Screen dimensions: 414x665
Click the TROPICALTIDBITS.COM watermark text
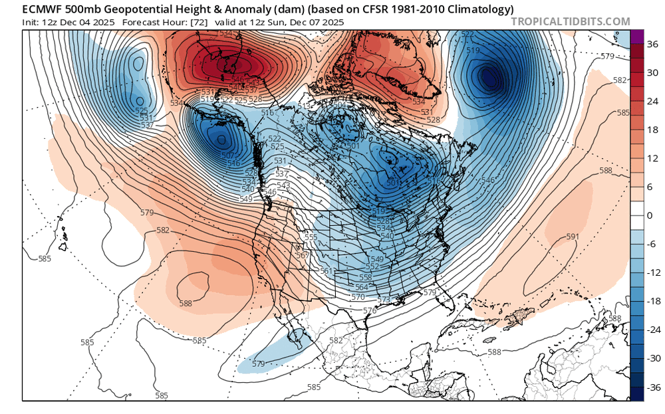pyautogui.click(x=570, y=22)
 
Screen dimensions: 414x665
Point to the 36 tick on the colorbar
pyautogui.click(x=647, y=45)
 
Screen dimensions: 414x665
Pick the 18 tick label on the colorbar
pyautogui.click(x=647, y=130)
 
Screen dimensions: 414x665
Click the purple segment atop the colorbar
pyautogui.click(x=636, y=37)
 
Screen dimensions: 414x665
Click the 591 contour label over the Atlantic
pyautogui.click(x=571, y=237)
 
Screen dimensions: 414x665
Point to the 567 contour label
pyautogui.click(x=303, y=256)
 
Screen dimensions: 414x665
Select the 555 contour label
pyautogui.click(x=311, y=237)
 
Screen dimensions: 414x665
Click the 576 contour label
pyautogui.click(x=370, y=310)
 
